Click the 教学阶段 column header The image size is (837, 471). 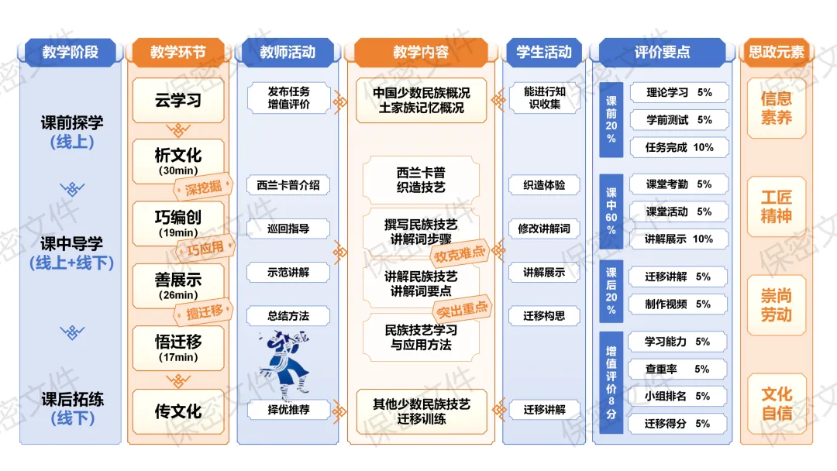[71, 52]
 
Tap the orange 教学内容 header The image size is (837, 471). [421, 52]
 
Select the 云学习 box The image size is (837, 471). [178, 100]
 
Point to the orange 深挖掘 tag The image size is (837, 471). [203, 187]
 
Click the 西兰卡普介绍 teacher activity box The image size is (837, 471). [288, 185]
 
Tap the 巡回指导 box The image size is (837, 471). [288, 229]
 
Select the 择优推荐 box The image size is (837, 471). [288, 410]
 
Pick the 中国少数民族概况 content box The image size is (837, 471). [421, 100]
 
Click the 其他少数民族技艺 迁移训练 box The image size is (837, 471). [421, 411]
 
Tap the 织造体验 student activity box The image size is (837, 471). [544, 185]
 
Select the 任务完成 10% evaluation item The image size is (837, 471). [679, 147]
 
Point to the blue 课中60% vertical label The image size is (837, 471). [611, 211]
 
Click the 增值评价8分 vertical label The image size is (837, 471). [611, 382]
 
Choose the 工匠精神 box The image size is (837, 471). [776, 206]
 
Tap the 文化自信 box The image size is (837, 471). [776, 404]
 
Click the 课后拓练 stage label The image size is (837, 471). [73, 408]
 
